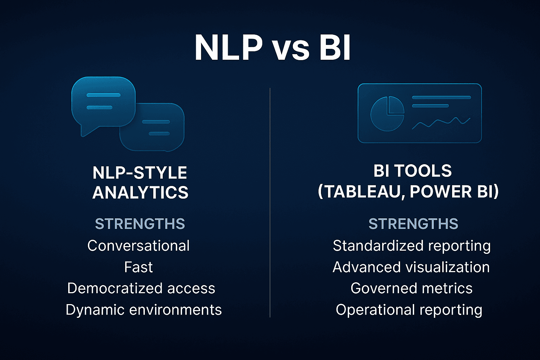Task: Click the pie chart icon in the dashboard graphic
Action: pyautogui.click(x=387, y=114)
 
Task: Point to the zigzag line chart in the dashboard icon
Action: pyautogui.click(x=441, y=123)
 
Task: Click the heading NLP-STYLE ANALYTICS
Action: pyautogui.click(x=140, y=182)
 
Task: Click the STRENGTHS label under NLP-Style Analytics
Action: pyautogui.click(x=140, y=224)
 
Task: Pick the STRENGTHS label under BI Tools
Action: pyautogui.click(x=413, y=224)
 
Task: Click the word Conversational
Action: pyautogui.click(x=139, y=246)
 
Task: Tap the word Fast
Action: pyautogui.click(x=139, y=267)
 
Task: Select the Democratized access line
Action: pyautogui.click(x=141, y=288)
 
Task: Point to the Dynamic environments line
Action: pyautogui.click(x=143, y=310)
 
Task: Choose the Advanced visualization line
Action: pyautogui.click(x=411, y=267)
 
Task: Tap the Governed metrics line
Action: pyautogui.click(x=411, y=288)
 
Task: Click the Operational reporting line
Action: pyautogui.click(x=409, y=310)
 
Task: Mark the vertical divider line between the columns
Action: pyautogui.click(x=270, y=202)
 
